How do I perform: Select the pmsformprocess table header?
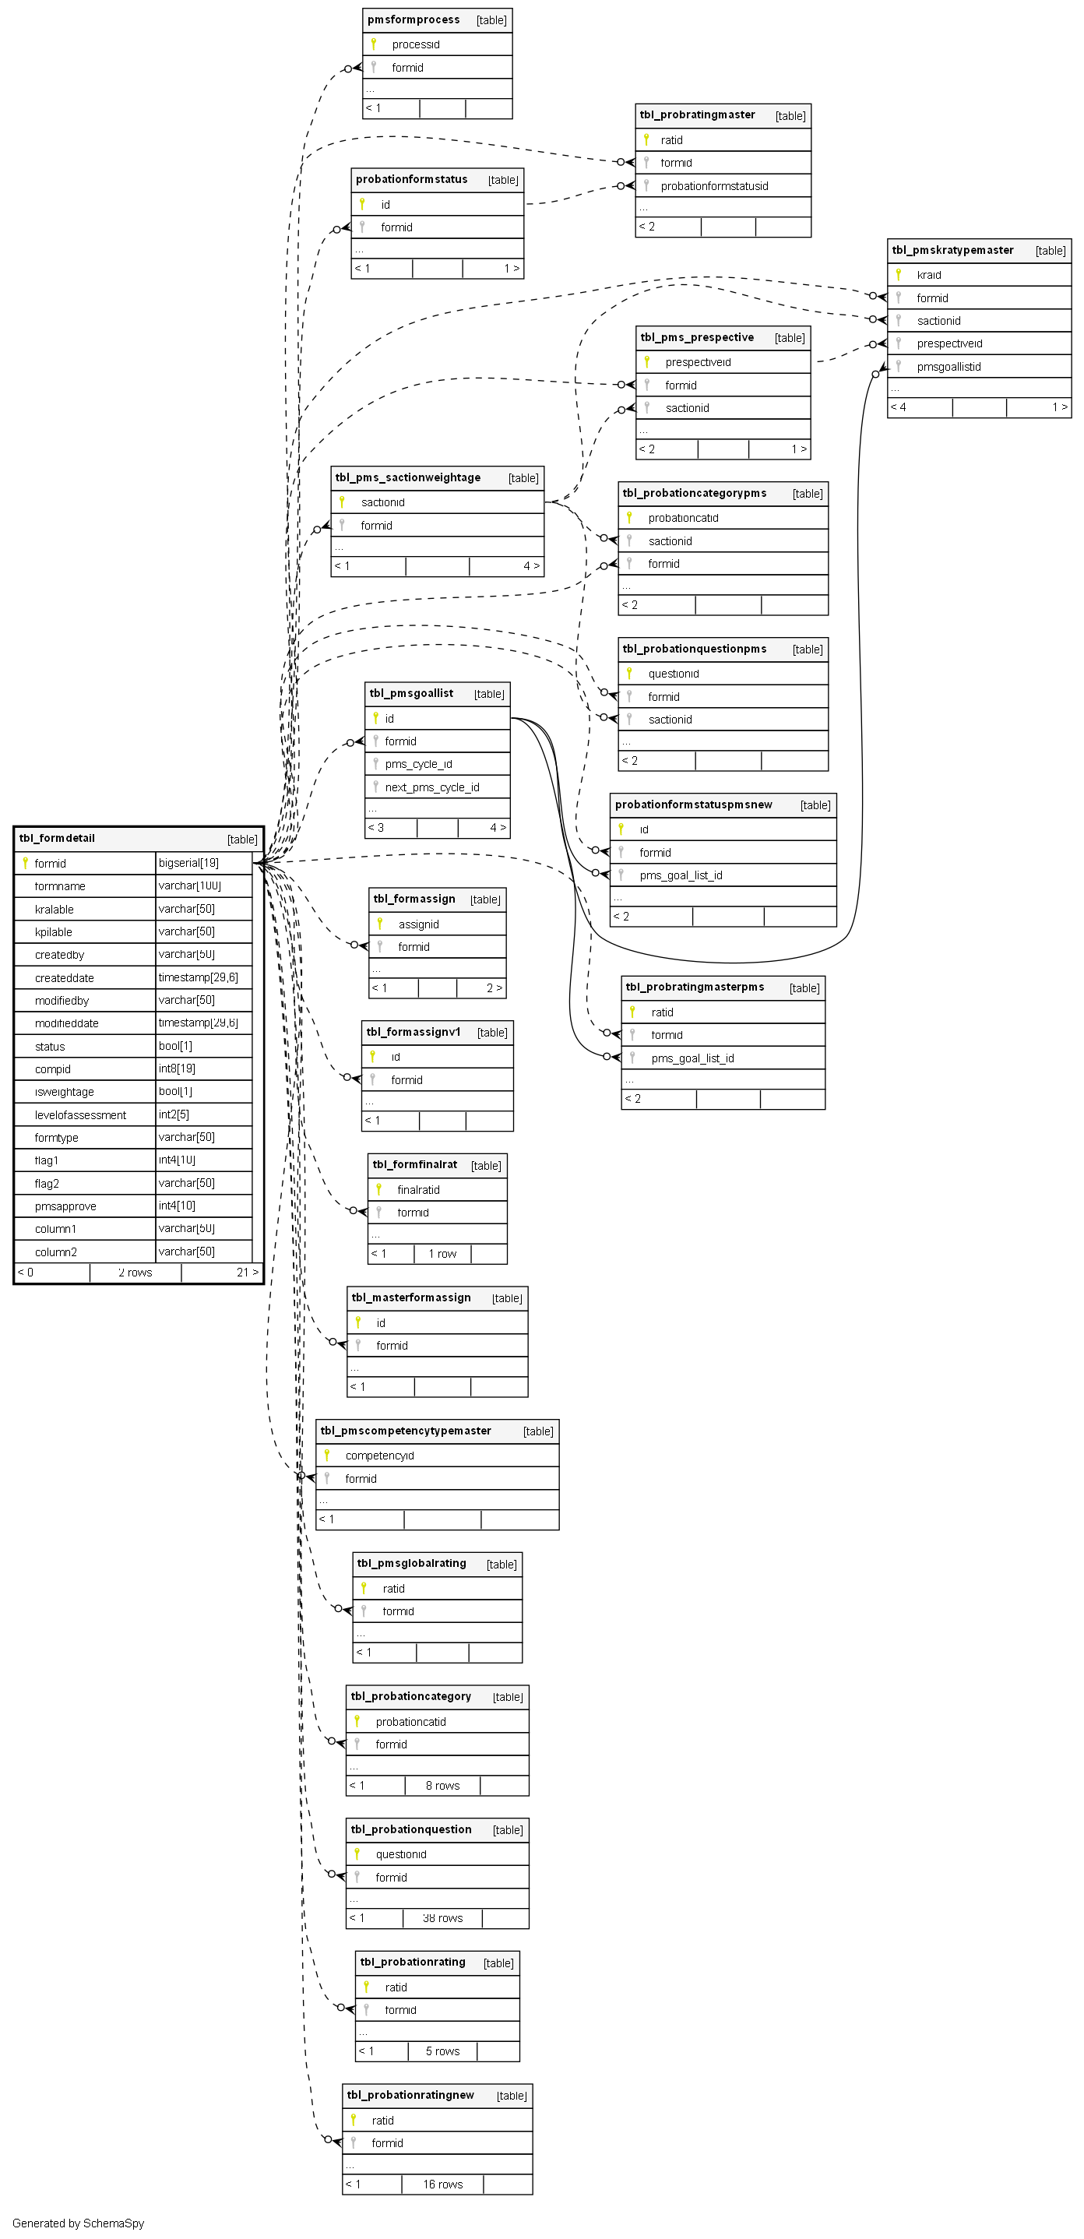[414, 20]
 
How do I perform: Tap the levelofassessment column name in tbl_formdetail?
[80, 1115]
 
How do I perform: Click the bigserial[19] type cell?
[188, 863]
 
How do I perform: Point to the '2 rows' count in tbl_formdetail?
[135, 1273]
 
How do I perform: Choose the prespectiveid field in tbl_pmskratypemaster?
[949, 344]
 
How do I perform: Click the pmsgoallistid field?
[948, 367]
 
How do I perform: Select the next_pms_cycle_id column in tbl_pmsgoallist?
[432, 787]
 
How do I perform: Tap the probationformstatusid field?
[713, 186]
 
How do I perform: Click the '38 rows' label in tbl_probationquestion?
[442, 1918]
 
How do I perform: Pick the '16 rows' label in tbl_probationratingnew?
[442, 2184]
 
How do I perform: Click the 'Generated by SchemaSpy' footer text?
[78, 2223]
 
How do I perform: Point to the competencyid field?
[379, 1456]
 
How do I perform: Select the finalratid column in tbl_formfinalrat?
[418, 1190]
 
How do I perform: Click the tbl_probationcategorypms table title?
[695, 494]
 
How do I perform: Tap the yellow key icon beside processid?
[373, 44]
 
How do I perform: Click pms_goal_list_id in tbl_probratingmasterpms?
[693, 1058]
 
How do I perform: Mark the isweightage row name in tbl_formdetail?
[65, 1093]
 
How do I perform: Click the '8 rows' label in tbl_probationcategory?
[442, 1785]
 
